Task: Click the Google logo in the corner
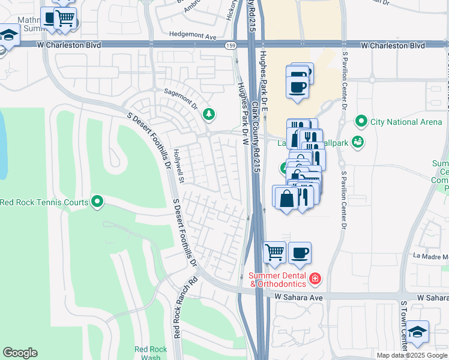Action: pyautogui.click(x=20, y=353)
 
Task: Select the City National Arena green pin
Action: pyautogui.click(x=361, y=122)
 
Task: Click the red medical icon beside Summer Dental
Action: pyautogui.click(x=315, y=278)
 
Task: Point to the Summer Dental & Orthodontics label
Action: pyautogui.click(x=277, y=279)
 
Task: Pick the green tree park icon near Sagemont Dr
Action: pyautogui.click(x=208, y=113)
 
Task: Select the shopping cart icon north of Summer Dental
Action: pyautogui.click(x=274, y=253)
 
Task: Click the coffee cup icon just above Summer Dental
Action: pyautogui.click(x=300, y=253)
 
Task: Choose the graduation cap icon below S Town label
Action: pyautogui.click(x=417, y=332)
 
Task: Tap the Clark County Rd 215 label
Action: pyautogui.click(x=256, y=138)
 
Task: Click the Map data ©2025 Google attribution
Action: pyautogui.click(x=411, y=355)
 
